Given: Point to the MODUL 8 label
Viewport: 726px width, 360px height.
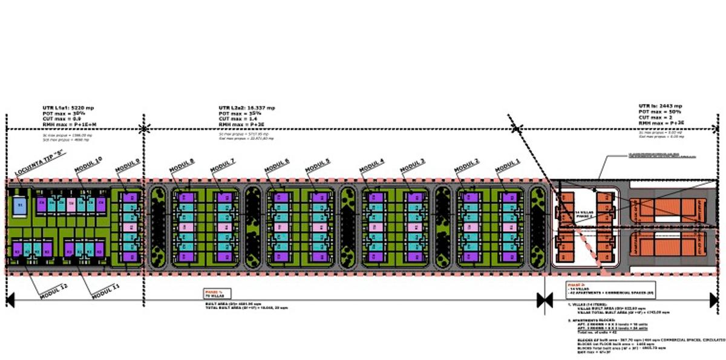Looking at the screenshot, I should point(182,165).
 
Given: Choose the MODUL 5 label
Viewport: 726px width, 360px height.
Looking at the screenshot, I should point(318,165).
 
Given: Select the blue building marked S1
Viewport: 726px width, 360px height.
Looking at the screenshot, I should point(20,205).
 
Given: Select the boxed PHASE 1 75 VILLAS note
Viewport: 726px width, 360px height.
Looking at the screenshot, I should point(215,293).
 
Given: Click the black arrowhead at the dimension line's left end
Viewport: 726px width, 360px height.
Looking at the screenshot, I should point(10,299).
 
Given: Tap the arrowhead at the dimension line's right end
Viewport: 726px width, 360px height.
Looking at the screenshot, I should point(713,299).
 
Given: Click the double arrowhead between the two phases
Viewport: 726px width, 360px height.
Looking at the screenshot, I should point(544,299).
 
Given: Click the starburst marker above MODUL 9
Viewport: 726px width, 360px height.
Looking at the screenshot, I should point(144,128).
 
